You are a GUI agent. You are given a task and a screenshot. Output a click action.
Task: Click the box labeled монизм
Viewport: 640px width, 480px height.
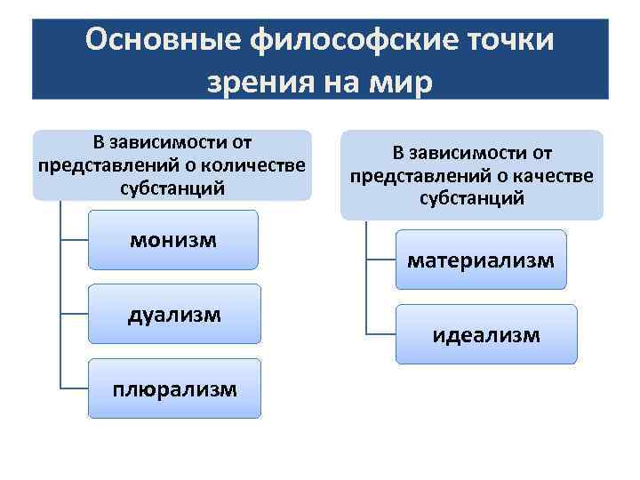coord(173,240)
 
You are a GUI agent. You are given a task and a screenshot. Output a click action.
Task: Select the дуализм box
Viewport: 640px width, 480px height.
coord(173,314)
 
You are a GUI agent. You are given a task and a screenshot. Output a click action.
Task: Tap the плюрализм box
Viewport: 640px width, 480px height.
coord(173,388)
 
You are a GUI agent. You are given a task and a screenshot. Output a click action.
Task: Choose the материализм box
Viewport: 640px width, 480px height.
coord(480,260)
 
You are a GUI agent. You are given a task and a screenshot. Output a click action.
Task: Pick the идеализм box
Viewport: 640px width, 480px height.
coord(485,334)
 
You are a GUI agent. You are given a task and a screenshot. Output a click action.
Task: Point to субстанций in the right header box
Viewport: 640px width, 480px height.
coord(472,197)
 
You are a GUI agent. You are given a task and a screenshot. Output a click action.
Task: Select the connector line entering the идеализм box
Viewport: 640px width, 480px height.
coord(380,334)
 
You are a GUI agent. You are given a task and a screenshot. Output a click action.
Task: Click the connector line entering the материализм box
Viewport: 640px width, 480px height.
coord(380,260)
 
